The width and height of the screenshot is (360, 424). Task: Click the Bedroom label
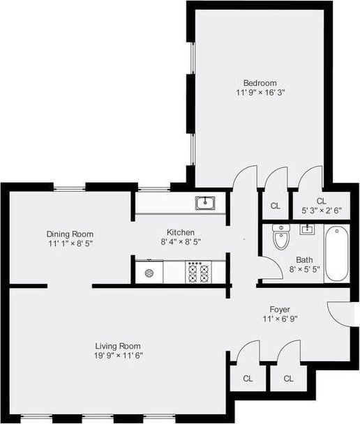(x=260, y=83)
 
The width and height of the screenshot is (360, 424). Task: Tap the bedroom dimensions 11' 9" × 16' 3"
(x=260, y=93)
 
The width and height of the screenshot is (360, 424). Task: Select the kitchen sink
(x=205, y=203)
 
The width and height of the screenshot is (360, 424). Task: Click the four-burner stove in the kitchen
(x=199, y=272)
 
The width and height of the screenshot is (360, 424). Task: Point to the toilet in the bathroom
(x=281, y=236)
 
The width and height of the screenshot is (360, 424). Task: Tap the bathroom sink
(x=307, y=229)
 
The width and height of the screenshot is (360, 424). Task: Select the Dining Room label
(x=70, y=234)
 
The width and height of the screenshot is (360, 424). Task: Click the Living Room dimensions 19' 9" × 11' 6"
(x=118, y=356)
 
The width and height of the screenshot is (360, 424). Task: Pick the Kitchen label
(x=181, y=232)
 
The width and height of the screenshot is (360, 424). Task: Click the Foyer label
(x=280, y=310)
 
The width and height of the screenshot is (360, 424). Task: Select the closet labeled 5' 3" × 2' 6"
(x=322, y=206)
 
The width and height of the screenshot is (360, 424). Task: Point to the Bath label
(x=304, y=260)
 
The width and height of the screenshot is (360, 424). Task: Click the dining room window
(x=70, y=188)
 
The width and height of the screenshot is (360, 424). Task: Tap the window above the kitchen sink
(x=154, y=188)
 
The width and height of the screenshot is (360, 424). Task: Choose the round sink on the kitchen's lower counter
(x=149, y=273)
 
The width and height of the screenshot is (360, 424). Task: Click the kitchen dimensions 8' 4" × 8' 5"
(x=181, y=242)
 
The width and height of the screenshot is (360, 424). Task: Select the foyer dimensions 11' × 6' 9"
(x=280, y=319)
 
